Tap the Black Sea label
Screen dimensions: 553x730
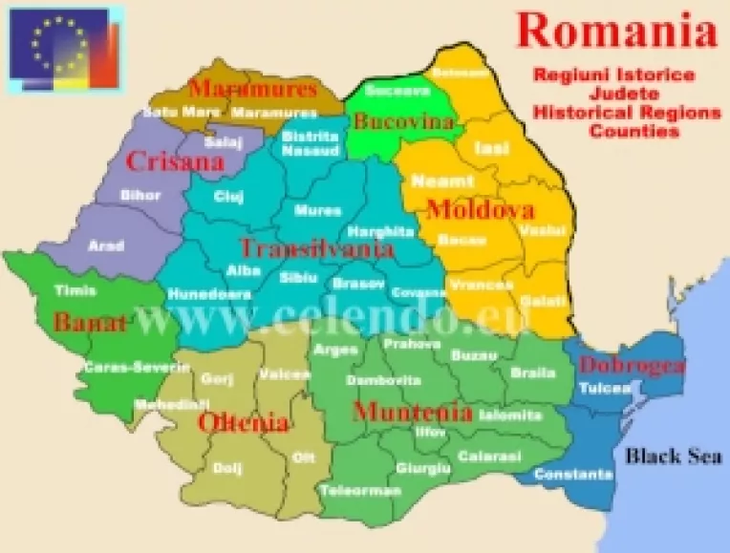pyautogui.click(x=673, y=456)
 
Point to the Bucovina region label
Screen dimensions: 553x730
pyautogui.click(x=390, y=121)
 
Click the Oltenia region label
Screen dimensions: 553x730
pyautogui.click(x=243, y=421)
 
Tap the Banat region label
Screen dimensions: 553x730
pyautogui.click(x=90, y=322)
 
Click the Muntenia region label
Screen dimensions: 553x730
pyautogui.click(x=412, y=413)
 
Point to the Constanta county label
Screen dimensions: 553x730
pyautogui.click(x=573, y=475)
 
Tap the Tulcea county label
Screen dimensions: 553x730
pyautogui.click(x=604, y=389)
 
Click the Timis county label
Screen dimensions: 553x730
pyautogui.click(x=75, y=290)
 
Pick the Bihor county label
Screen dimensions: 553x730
pyautogui.click(x=140, y=195)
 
